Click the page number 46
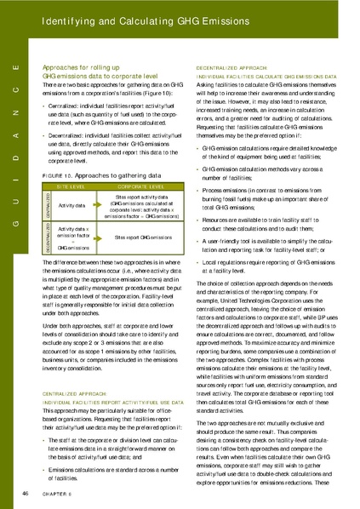pyautogui.click(x=26, y=493)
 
